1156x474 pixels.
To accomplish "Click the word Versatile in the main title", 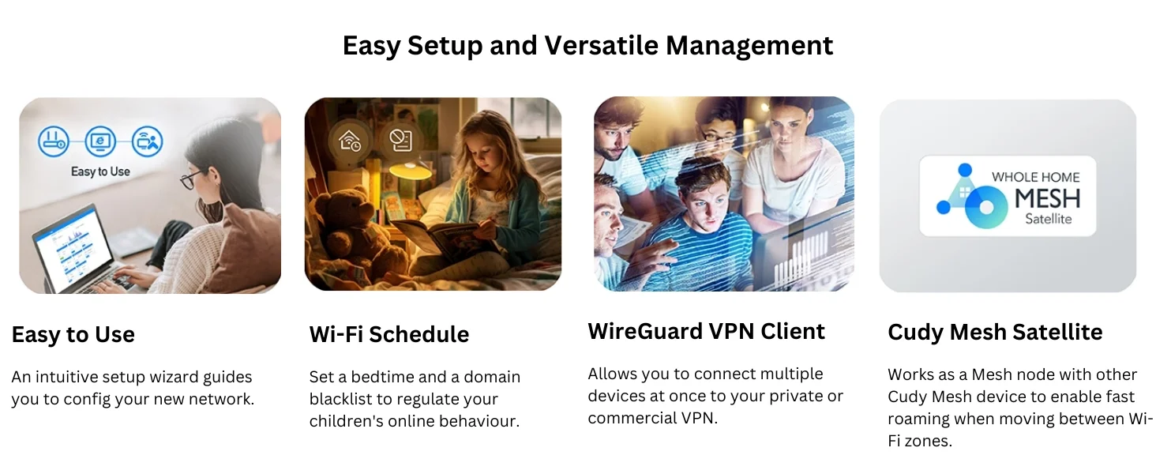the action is coord(601,46).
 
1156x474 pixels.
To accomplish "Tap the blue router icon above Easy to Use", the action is coord(53,141).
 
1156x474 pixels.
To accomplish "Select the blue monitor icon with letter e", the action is coord(100,141).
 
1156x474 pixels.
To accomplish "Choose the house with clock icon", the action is coord(349,141).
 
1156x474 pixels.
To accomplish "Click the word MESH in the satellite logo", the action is coord(1047,199).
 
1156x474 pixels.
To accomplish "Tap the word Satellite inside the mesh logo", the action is coord(1048,220).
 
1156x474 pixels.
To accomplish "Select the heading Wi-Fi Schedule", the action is coord(389,334).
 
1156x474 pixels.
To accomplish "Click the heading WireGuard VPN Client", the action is coord(706,331).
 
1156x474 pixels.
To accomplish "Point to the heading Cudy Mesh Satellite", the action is coord(995,332).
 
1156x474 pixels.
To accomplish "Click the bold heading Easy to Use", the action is coord(73,335).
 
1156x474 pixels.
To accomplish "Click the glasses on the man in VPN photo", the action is coord(721,137).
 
